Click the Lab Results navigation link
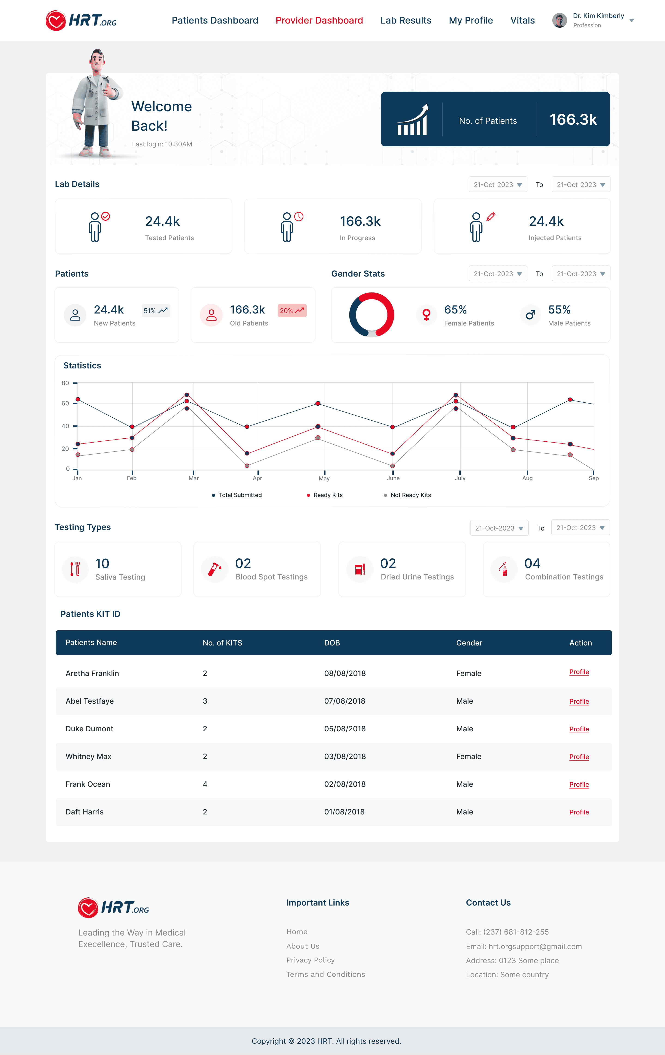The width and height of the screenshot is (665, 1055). [x=406, y=21]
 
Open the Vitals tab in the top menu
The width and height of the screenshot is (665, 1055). [x=522, y=21]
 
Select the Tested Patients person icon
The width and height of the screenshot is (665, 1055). [x=95, y=227]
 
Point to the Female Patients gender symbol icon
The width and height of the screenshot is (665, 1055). [x=426, y=315]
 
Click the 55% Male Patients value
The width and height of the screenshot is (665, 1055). [x=559, y=310]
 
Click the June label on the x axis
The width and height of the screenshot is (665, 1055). [x=393, y=478]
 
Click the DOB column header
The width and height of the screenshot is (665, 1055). [x=332, y=643]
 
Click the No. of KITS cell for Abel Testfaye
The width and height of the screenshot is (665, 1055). [x=205, y=701]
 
